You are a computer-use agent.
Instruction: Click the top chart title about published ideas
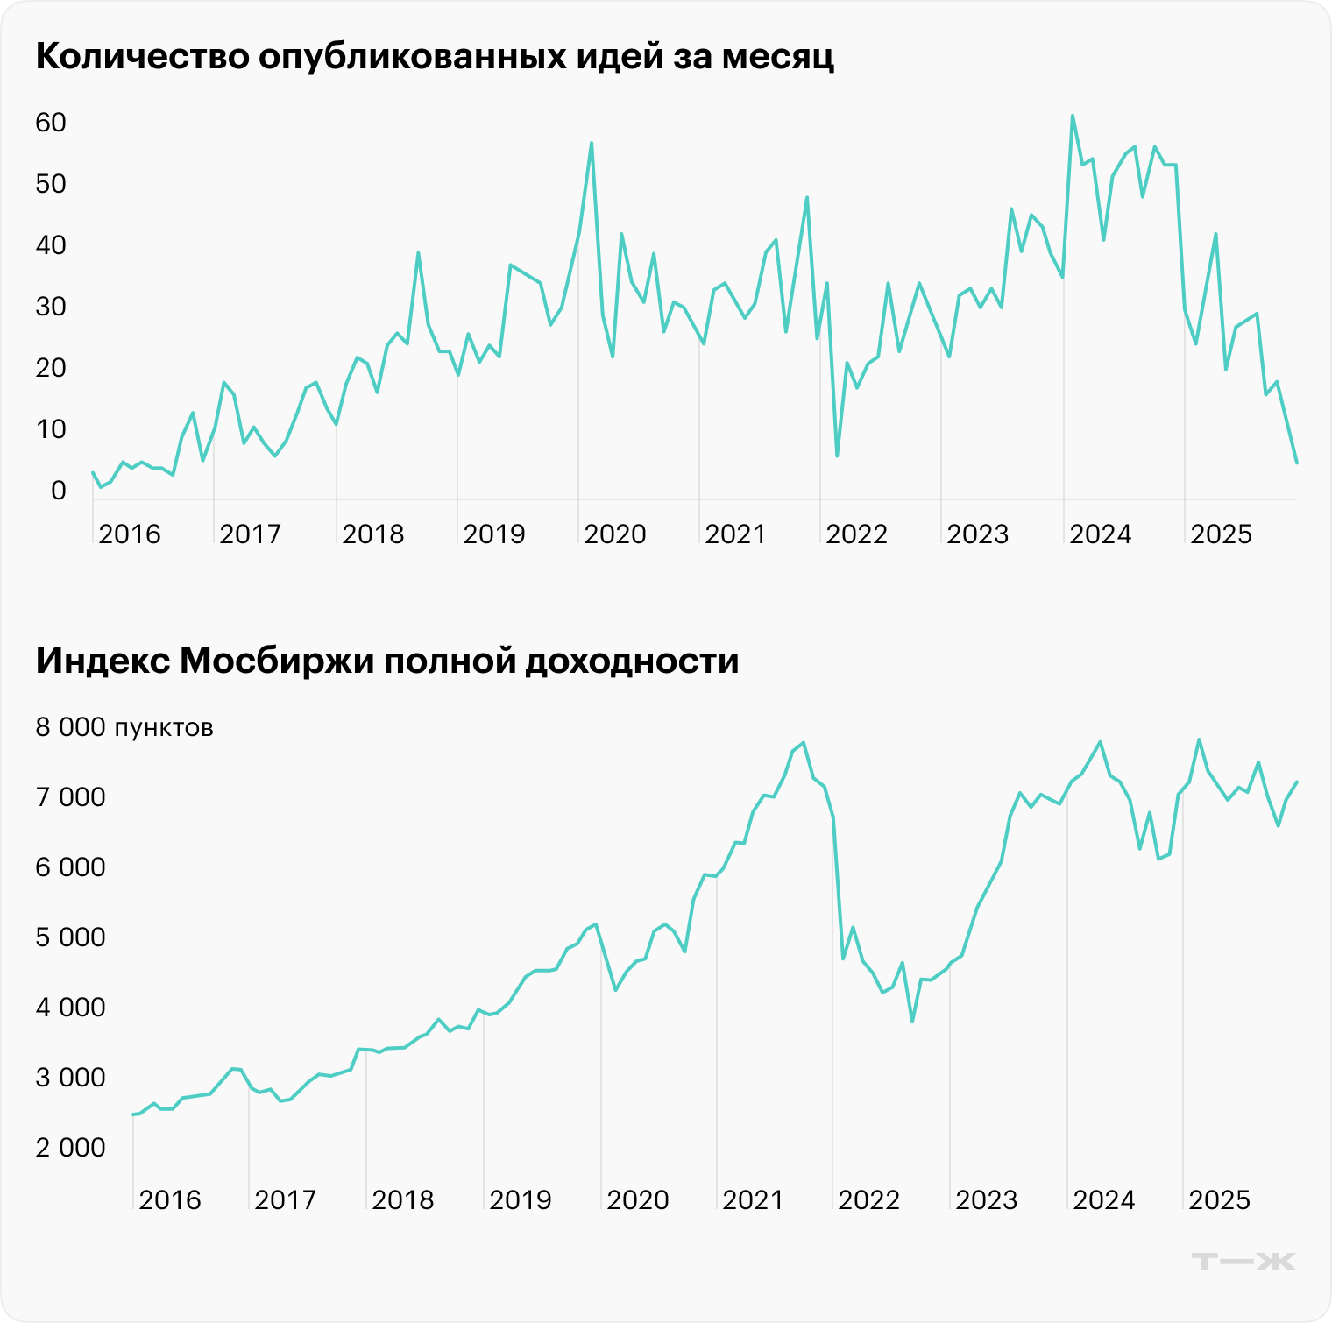point(435,56)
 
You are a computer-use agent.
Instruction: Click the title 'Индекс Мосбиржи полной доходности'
point(387,661)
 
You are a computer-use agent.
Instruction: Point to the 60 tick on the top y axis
point(51,123)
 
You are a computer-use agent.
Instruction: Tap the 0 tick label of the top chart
point(59,491)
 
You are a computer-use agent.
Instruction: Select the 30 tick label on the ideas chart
point(51,307)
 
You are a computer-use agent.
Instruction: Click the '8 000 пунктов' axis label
point(124,727)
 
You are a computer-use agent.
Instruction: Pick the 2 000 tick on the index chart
point(70,1147)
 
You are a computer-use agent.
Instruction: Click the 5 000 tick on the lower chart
point(70,937)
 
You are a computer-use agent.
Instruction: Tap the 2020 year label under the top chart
point(614,534)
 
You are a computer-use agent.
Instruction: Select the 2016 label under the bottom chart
point(169,1199)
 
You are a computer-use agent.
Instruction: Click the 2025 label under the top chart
point(1221,534)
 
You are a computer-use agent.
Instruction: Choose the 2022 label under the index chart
point(868,1199)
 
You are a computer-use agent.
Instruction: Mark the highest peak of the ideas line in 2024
point(1073,116)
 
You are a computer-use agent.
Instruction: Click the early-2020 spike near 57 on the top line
point(592,143)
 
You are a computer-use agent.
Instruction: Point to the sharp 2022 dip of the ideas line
point(837,456)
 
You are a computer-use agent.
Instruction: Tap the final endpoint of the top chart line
point(1296,463)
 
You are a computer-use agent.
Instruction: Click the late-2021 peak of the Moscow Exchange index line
point(804,743)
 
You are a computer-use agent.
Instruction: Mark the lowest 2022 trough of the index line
point(912,1022)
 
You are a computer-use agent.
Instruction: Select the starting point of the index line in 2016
point(133,1114)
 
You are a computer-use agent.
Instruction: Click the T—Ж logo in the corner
point(1243,1262)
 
